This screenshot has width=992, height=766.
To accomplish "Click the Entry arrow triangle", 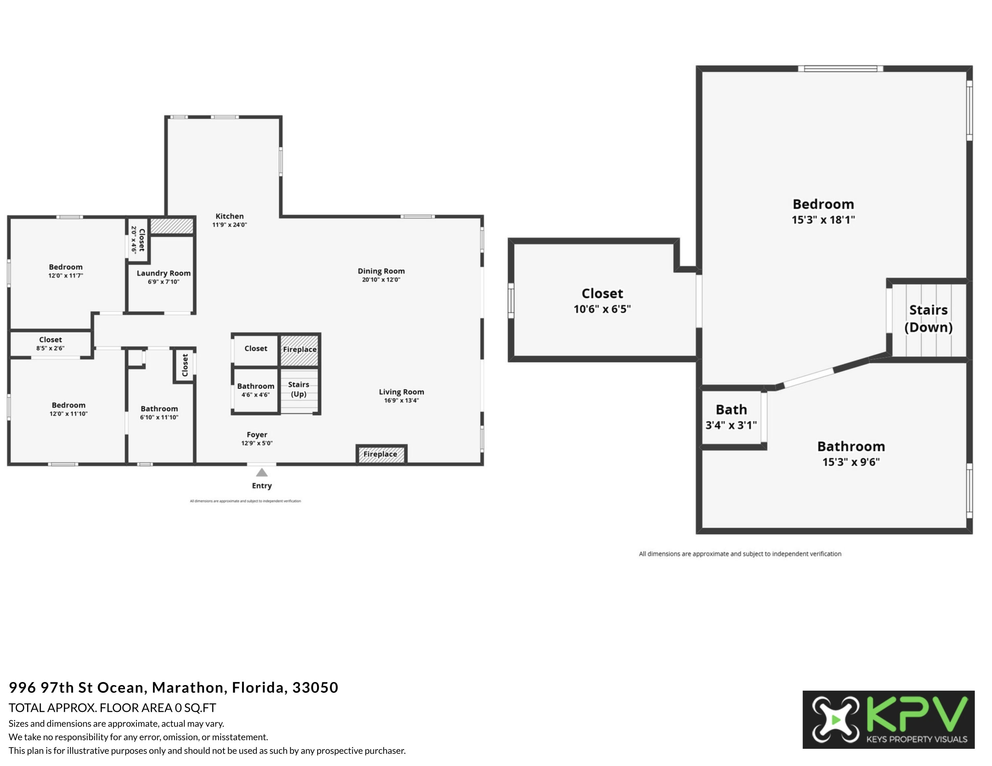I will (262, 473).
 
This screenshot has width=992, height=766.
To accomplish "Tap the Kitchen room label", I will (229, 216).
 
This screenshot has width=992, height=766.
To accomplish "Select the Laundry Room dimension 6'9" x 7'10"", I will (164, 282).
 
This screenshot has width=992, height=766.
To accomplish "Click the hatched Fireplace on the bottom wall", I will (381, 454).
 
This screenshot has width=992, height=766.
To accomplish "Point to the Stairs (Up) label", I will (298, 389).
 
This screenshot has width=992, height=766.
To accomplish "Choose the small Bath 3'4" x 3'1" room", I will (731, 417).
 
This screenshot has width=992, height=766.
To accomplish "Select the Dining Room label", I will (381, 271).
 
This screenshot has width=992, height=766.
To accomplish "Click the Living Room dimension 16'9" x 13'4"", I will (401, 400).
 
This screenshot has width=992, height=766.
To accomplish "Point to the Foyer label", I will (257, 435).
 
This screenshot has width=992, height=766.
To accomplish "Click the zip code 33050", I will (315, 687).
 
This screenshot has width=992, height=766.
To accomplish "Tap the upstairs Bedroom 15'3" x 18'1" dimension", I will (823, 220).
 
